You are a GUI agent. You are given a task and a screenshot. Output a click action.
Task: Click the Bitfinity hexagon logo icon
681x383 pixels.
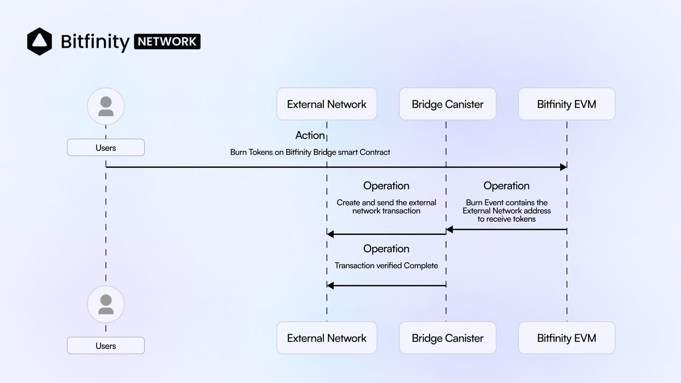point(40,41)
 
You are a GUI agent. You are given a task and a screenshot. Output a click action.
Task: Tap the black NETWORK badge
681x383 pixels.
point(167,41)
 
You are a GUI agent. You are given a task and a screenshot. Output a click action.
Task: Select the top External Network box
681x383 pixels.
point(327,104)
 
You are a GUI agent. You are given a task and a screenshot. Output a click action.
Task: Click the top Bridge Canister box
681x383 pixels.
point(448,104)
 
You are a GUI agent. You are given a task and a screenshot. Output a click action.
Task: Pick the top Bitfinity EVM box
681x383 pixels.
point(567,104)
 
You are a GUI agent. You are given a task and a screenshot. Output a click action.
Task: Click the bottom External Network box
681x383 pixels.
point(327,338)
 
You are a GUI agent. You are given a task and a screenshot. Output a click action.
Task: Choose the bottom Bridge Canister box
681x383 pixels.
point(448,338)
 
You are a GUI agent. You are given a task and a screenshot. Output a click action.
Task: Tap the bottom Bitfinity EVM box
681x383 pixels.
point(567,338)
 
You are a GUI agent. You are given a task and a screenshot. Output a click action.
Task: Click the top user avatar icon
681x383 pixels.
point(106,106)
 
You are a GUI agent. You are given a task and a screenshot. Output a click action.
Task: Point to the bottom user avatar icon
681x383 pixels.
point(106,304)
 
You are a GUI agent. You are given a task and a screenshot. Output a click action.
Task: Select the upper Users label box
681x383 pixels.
point(106,148)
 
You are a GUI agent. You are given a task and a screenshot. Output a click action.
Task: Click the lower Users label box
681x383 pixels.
point(106,346)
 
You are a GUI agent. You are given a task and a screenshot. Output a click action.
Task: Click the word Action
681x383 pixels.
point(310,135)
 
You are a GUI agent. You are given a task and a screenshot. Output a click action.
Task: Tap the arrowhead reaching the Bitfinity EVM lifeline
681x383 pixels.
point(564,167)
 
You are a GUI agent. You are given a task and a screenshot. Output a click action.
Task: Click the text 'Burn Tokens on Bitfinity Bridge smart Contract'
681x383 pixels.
point(310,152)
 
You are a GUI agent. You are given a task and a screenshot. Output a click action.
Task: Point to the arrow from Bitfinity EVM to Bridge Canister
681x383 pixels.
point(506,229)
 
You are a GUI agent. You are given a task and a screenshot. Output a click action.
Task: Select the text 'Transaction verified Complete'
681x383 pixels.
point(386,266)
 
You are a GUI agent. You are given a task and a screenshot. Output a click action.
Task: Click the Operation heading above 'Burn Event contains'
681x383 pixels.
point(506,186)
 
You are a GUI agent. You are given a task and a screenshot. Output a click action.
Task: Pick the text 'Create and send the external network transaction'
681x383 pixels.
point(386,207)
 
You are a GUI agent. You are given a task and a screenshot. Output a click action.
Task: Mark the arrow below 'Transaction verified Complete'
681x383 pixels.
point(386,285)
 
